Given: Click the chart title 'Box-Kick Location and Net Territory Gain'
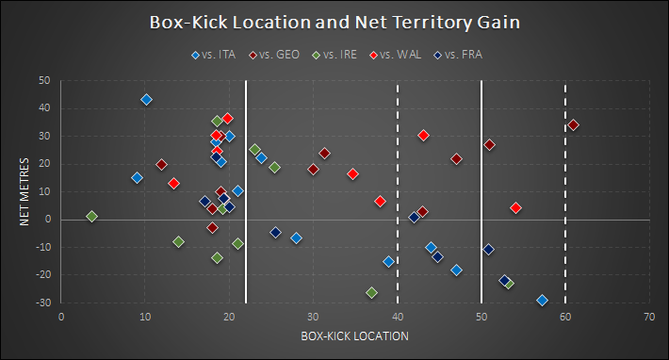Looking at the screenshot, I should (x=334, y=23).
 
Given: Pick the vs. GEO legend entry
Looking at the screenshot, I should (x=274, y=55).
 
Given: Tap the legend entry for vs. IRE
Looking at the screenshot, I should (x=335, y=55).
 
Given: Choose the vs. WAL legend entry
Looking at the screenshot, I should (x=396, y=55).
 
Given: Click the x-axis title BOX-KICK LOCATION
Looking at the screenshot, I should (x=354, y=335).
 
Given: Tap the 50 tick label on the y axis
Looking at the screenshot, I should (x=44, y=81).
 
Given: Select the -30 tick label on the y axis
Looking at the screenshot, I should (x=42, y=303).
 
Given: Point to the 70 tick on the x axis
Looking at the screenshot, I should (x=649, y=317).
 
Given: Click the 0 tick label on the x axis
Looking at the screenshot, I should (x=61, y=317).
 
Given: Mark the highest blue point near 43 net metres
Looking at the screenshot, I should (x=146, y=99).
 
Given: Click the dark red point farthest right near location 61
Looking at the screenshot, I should (x=574, y=124).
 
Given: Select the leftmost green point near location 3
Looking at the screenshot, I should (x=91, y=216).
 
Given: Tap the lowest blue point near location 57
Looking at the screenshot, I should (x=542, y=300).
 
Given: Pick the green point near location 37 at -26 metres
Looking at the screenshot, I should (x=371, y=292).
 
